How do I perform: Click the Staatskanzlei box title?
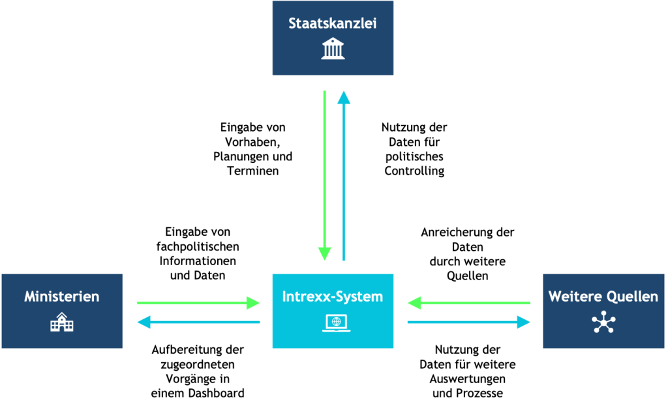coord(332,23)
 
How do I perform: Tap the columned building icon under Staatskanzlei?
coord(333,48)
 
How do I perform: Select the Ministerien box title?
coord(62,296)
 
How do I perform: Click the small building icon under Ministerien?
coord(62,322)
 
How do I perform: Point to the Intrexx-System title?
coord(332,296)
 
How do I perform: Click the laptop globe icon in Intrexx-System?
coord(336,322)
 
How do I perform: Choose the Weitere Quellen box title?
coord(603,296)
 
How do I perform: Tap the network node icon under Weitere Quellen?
coord(603,322)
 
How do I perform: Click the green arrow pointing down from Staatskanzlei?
coord(325,175)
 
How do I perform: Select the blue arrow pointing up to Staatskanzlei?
coord(344,175)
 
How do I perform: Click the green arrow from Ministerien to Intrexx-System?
coord(198,303)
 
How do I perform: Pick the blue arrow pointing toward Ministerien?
coord(198,322)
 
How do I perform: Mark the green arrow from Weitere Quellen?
coord(469,303)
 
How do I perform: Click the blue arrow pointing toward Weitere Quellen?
coord(469,322)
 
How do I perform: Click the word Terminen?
coord(252,171)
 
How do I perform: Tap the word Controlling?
coord(414,171)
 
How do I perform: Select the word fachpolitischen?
coord(198,247)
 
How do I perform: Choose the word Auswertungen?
coord(467,379)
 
